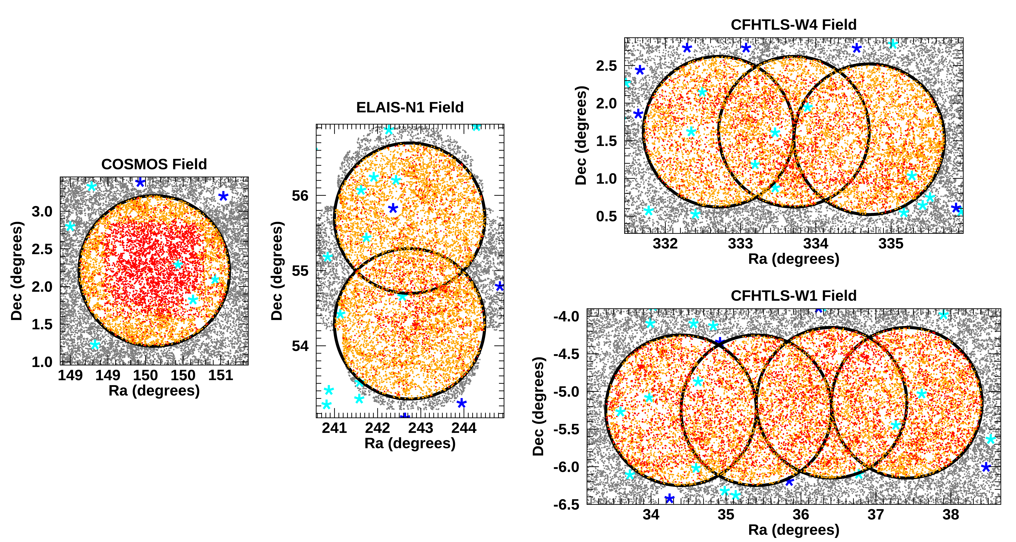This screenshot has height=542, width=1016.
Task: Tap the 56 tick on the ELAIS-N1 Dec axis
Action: pos(300,196)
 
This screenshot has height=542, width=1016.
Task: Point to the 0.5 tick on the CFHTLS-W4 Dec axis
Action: pos(606,216)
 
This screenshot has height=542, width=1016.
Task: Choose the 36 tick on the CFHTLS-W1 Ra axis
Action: pos(801,514)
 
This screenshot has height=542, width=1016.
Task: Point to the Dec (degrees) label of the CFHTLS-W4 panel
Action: pos(581,135)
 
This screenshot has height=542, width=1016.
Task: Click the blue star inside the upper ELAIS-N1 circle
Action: pos(393,208)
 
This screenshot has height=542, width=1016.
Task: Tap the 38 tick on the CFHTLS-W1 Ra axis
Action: pos(951,514)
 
